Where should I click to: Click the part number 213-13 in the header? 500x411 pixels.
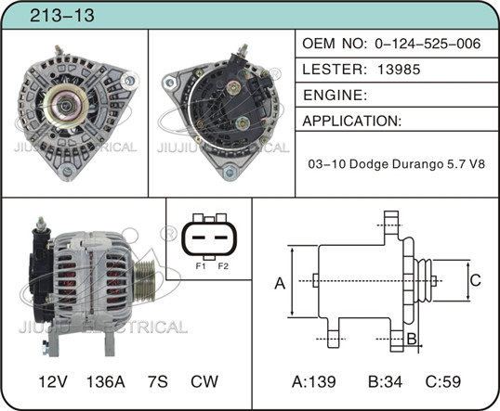coord(62,15)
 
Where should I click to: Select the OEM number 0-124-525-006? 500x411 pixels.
coord(428,44)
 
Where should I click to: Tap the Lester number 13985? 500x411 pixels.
coord(399,70)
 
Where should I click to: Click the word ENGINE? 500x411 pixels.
coord(334,96)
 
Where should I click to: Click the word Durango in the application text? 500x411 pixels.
coord(417,164)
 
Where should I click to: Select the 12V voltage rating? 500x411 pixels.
coord(53,381)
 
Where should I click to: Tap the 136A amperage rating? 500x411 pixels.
coord(106,381)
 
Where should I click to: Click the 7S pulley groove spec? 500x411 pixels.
coord(157,381)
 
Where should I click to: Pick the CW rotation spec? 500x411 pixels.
coord(204,381)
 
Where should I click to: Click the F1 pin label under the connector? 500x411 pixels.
coord(201,266)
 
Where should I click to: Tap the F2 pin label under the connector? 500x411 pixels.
coord(223,266)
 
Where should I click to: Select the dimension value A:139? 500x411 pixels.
coord(314,381)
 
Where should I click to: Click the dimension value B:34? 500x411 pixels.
coord(385,381)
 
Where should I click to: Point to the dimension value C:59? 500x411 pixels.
coord(443,381)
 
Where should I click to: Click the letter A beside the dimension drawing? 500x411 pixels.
coord(280,283)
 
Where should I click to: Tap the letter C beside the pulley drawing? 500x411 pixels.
coord(476,280)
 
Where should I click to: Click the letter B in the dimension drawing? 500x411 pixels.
coord(412,339)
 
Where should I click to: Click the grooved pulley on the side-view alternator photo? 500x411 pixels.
coord(144,280)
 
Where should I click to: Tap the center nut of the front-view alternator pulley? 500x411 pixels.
coord(66,105)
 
